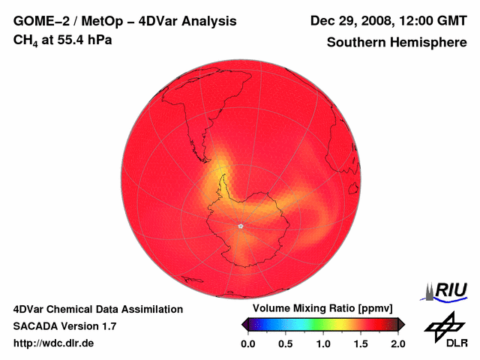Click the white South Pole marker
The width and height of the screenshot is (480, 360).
click(241, 226)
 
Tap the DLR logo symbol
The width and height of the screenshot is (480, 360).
click(443, 326)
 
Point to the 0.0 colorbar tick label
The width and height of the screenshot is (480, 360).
click(248, 344)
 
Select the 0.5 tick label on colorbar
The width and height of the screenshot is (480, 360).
click(286, 344)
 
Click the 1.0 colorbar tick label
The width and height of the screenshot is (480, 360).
click(323, 344)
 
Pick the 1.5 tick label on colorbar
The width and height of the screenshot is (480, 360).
click(361, 344)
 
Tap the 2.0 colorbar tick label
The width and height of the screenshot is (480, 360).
click(397, 344)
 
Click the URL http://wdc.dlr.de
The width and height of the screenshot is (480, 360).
click(54, 343)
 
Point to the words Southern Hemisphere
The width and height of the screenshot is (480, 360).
click(397, 43)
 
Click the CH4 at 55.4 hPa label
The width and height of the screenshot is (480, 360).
click(63, 40)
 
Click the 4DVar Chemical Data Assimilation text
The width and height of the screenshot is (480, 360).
click(97, 309)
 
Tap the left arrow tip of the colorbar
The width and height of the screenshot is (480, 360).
click(243, 324)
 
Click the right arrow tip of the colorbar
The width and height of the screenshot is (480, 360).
click(403, 324)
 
